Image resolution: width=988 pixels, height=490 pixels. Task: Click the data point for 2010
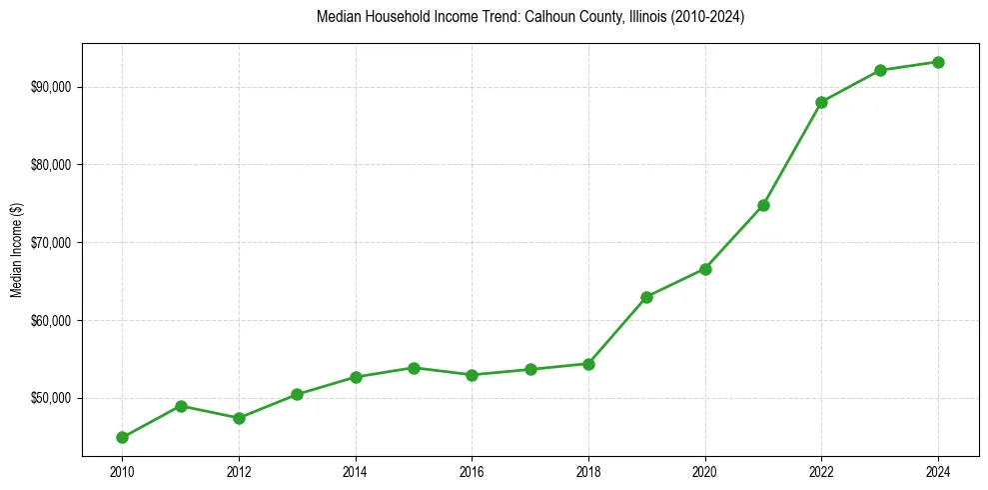point(122,437)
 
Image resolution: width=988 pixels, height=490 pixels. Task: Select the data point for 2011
point(181,406)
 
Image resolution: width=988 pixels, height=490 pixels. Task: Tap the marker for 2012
point(239,418)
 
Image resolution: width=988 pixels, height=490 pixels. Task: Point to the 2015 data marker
point(414,368)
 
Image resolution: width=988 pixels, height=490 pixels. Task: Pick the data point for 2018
point(588,364)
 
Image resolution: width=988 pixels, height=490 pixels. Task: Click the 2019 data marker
point(646,297)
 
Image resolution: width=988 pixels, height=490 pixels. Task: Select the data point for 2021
point(763,205)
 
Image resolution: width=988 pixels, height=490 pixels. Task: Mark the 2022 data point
point(821,102)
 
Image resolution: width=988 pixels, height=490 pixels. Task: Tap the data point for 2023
point(880,70)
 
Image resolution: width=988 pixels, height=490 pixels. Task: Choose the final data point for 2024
point(938,62)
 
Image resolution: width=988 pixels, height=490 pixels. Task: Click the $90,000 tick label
point(52,87)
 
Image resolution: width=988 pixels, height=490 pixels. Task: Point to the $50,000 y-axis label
point(52,398)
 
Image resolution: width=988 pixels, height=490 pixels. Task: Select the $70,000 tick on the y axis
point(52,243)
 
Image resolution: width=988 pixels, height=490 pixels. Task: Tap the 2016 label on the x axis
point(472,470)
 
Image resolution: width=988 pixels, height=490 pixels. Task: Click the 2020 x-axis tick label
point(705,470)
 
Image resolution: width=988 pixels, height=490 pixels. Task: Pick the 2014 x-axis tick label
point(356,470)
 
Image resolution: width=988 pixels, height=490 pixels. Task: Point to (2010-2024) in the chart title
point(709,17)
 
